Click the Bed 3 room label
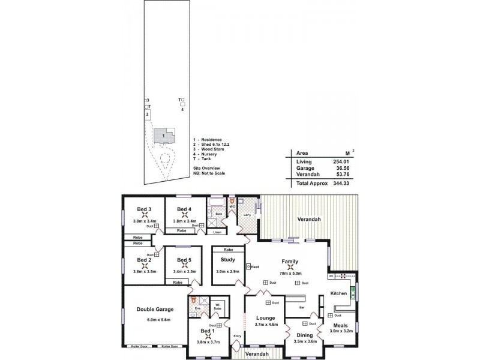click(143, 209)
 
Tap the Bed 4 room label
click(184, 209)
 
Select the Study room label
click(227, 260)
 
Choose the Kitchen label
click(339, 293)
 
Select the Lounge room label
click(265, 318)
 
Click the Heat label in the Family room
click(254, 267)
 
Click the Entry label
click(238, 336)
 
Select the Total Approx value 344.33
click(341, 183)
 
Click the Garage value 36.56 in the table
click(341, 169)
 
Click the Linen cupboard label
click(218, 232)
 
